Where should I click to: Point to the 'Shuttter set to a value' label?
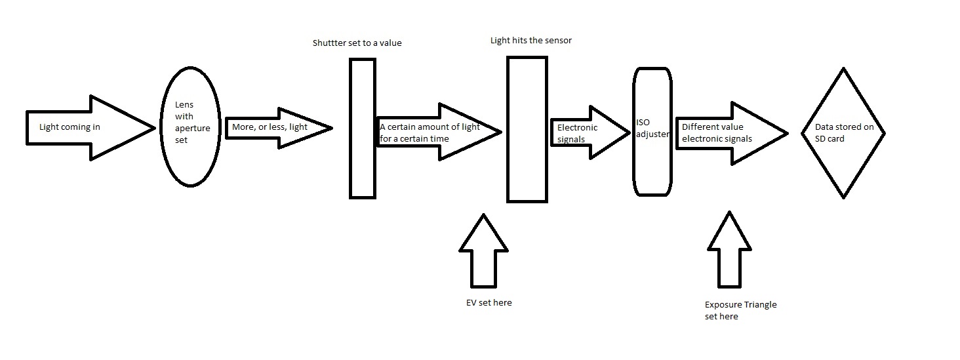pos(357,43)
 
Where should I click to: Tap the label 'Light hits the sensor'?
pos(530,41)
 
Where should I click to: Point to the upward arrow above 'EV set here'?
pos(483,253)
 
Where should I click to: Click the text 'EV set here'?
pos(485,303)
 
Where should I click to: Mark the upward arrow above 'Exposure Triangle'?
pos(729,252)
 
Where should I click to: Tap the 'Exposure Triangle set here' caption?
pos(740,311)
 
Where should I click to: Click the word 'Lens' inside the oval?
pos(184,105)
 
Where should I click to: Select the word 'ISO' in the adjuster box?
pos(643,122)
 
